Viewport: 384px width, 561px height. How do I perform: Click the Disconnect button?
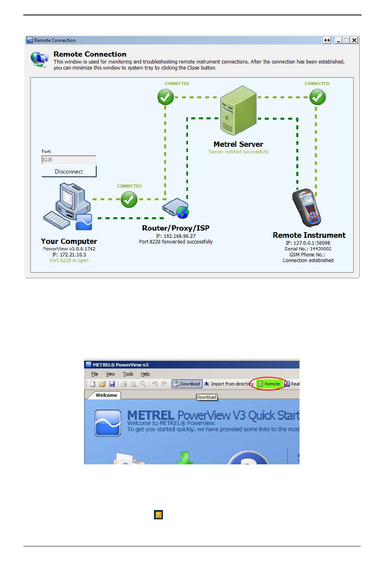click(x=69, y=171)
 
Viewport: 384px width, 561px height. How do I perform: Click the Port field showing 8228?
click(x=69, y=159)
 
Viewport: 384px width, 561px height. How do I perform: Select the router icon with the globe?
click(x=176, y=208)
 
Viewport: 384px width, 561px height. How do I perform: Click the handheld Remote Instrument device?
click(x=307, y=207)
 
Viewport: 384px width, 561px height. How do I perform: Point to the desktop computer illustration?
click(x=68, y=206)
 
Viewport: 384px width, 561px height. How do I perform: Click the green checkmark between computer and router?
click(x=129, y=199)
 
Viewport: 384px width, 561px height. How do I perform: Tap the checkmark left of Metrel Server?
click(x=165, y=97)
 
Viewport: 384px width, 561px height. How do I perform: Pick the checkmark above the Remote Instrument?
click(x=317, y=97)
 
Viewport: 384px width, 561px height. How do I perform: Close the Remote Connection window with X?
click(x=354, y=40)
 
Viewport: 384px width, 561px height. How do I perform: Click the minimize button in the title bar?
click(x=338, y=40)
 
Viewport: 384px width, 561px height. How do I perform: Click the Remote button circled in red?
click(x=269, y=384)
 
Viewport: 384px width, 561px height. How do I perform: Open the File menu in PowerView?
click(x=94, y=374)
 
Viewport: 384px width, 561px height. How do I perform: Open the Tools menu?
click(x=128, y=374)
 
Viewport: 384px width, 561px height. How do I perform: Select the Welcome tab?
click(x=106, y=395)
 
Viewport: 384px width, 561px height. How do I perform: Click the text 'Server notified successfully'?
click(x=238, y=152)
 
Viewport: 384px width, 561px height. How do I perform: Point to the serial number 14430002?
click(x=321, y=249)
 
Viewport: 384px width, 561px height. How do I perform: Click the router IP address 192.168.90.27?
click(x=179, y=236)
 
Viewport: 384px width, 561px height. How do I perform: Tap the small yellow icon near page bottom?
click(x=158, y=514)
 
